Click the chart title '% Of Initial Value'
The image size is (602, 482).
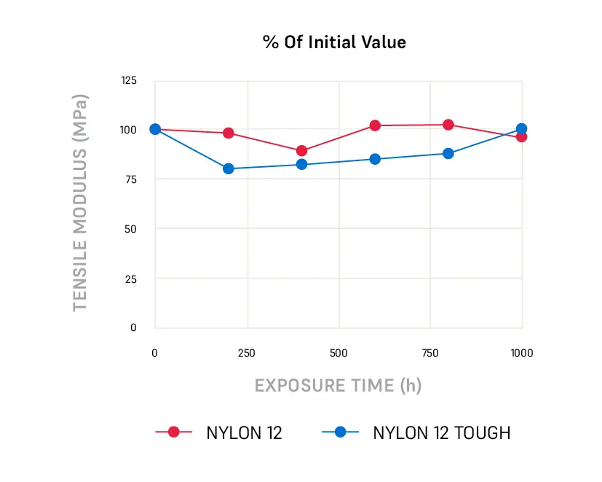click(x=334, y=42)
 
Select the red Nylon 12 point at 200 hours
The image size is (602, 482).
click(x=229, y=133)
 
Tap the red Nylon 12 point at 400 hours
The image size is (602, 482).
click(x=302, y=151)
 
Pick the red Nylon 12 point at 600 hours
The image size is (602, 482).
click(x=375, y=125)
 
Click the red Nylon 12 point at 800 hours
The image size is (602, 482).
click(x=448, y=125)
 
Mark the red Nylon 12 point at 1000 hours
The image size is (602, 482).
click(x=521, y=136)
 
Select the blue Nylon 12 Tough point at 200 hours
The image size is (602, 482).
click(x=229, y=168)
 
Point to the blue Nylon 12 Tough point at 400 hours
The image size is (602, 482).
click(x=302, y=164)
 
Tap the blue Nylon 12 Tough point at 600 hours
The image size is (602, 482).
click(x=375, y=159)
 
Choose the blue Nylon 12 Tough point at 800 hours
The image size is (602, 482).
click(x=448, y=153)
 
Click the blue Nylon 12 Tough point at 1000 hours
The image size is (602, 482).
click(x=521, y=128)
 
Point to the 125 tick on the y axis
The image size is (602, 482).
click(x=128, y=80)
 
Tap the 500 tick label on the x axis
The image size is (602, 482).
click(x=338, y=354)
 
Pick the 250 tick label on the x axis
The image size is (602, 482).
click(x=247, y=354)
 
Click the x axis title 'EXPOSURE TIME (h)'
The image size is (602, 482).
click(x=338, y=385)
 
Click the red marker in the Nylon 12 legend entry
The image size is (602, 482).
click(x=173, y=432)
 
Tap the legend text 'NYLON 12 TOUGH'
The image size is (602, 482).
click(x=442, y=432)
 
